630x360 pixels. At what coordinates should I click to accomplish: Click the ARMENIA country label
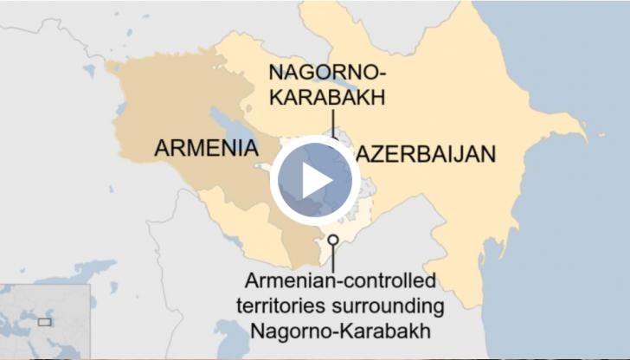point(206,148)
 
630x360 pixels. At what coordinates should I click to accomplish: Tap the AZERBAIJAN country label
point(427,154)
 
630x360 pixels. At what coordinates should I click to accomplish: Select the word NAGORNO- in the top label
point(326,72)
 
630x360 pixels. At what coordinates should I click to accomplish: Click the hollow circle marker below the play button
point(333,240)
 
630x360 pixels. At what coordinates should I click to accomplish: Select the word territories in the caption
point(286,306)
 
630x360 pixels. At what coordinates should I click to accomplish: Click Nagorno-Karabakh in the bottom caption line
point(339,331)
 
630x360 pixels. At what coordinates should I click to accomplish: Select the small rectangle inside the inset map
point(45,322)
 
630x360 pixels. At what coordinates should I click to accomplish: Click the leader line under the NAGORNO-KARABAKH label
point(331,121)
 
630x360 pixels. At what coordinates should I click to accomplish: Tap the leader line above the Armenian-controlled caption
point(333,258)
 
